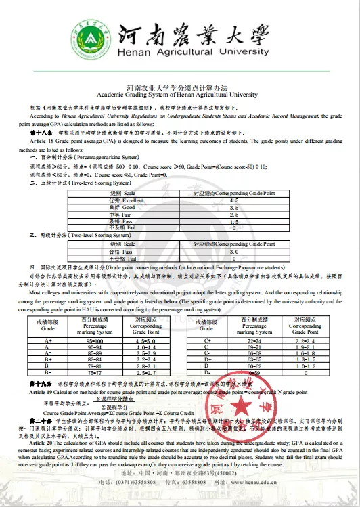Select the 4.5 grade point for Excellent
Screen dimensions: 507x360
pos(233,201)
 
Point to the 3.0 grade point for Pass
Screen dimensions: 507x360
pos(233,251)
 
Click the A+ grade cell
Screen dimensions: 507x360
pos(47,341)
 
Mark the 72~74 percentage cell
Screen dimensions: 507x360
pos(254,341)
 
